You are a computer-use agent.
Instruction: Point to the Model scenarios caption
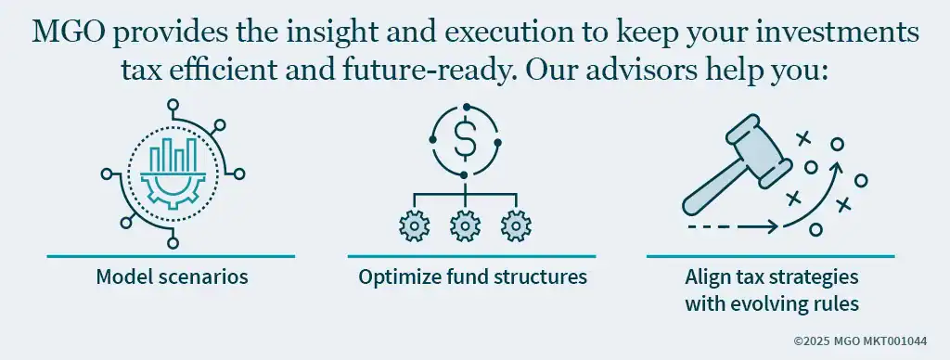[x=171, y=276]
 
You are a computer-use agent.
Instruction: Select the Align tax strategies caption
[x=771, y=276]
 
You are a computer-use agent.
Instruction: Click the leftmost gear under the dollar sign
[x=413, y=225]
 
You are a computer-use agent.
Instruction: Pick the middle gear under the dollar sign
[x=464, y=225]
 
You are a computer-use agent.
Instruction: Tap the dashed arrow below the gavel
[x=733, y=225]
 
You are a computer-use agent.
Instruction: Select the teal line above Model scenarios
[x=171, y=255]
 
